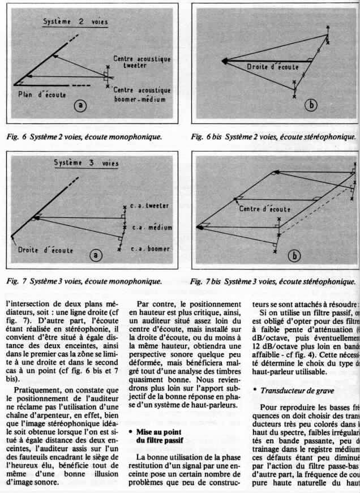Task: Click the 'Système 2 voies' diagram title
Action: coord(75,22)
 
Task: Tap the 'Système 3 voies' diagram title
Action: coord(83,164)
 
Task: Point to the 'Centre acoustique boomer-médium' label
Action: coord(142,95)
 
